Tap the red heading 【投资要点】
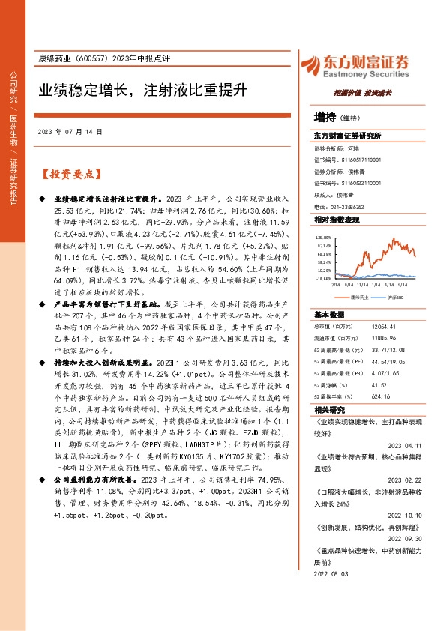tap(70, 174)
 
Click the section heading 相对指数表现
tap(337, 220)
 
